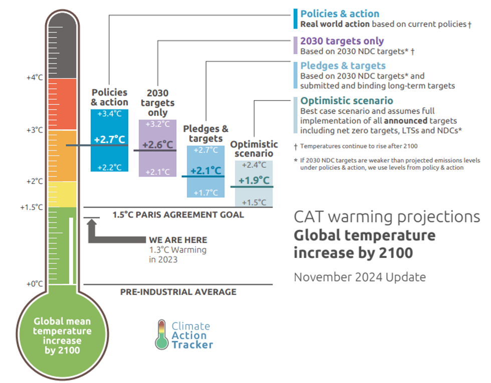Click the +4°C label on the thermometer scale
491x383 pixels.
35,78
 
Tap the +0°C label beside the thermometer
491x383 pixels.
35,284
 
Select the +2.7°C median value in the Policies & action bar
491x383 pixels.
110,139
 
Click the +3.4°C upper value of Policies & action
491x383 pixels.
110,114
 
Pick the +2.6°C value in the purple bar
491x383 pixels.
157,145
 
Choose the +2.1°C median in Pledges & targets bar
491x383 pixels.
205,170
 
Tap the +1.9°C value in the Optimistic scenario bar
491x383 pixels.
254,180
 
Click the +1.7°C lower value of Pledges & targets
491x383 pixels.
205,192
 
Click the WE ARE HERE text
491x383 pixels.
178,240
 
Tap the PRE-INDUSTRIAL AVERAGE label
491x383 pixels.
178,292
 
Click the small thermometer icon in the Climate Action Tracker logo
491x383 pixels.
161,334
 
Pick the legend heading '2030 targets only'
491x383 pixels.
342,41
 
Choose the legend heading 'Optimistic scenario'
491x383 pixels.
347,101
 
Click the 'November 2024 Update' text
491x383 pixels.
359,277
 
